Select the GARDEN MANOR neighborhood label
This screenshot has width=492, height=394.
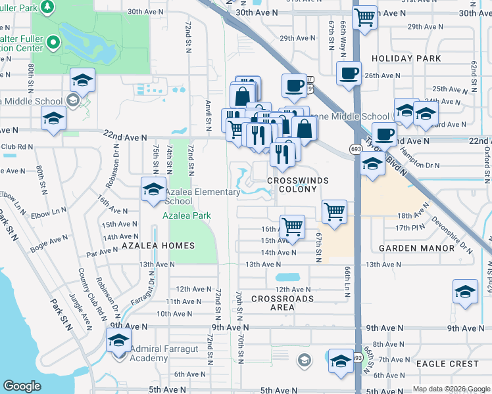(417, 248)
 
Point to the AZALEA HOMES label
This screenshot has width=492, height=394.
(158, 246)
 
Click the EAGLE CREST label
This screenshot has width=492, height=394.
(448, 363)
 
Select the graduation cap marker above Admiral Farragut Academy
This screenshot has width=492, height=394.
(119, 341)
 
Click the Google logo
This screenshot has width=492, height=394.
(22, 387)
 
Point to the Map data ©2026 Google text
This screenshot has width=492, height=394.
(451, 389)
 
